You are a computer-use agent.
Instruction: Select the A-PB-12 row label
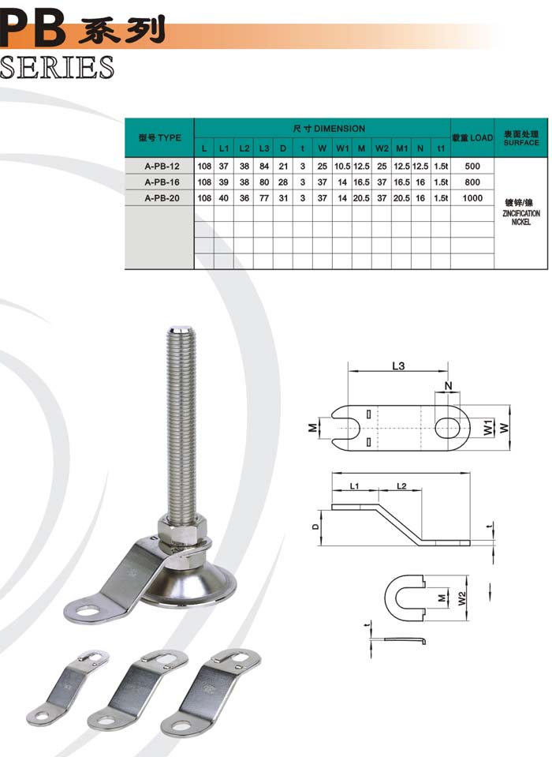162,166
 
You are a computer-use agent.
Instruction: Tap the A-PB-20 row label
162,198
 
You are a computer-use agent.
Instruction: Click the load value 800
472,182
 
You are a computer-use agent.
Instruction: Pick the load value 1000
472,198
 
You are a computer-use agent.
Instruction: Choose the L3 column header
264,148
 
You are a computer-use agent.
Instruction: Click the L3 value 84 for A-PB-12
264,166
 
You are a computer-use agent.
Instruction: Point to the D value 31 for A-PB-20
283,198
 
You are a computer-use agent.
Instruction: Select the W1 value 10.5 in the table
342,166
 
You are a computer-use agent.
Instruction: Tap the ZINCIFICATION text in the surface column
521,213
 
